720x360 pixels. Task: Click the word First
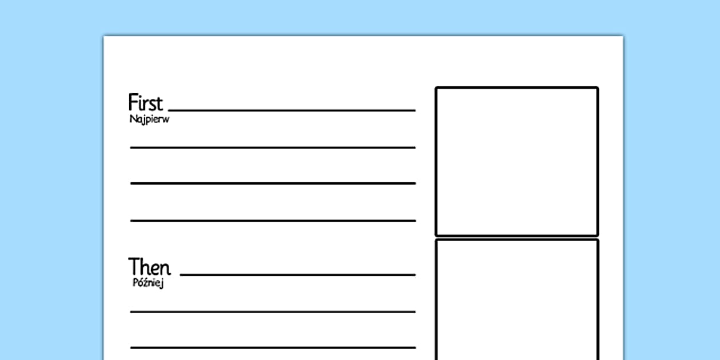pos(145,103)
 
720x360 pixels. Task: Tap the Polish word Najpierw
pos(149,119)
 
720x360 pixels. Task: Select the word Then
pos(149,267)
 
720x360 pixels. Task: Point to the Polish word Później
pos(147,283)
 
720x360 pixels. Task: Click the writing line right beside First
pos(292,110)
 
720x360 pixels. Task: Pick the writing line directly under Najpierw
pos(273,147)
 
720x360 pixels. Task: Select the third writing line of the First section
pos(273,183)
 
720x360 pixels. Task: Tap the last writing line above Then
pos(273,220)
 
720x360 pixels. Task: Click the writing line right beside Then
pos(298,275)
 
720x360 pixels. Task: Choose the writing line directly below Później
pos(273,311)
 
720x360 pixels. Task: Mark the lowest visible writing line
pos(273,347)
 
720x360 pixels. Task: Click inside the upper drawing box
pos(517,161)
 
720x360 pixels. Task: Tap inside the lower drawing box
pos(517,300)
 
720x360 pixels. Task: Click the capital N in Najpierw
pos(133,119)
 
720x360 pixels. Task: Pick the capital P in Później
pos(134,283)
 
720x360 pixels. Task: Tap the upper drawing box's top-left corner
pos(437,88)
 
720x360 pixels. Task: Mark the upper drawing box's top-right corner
pos(597,88)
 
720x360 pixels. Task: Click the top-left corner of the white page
pos(104,37)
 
